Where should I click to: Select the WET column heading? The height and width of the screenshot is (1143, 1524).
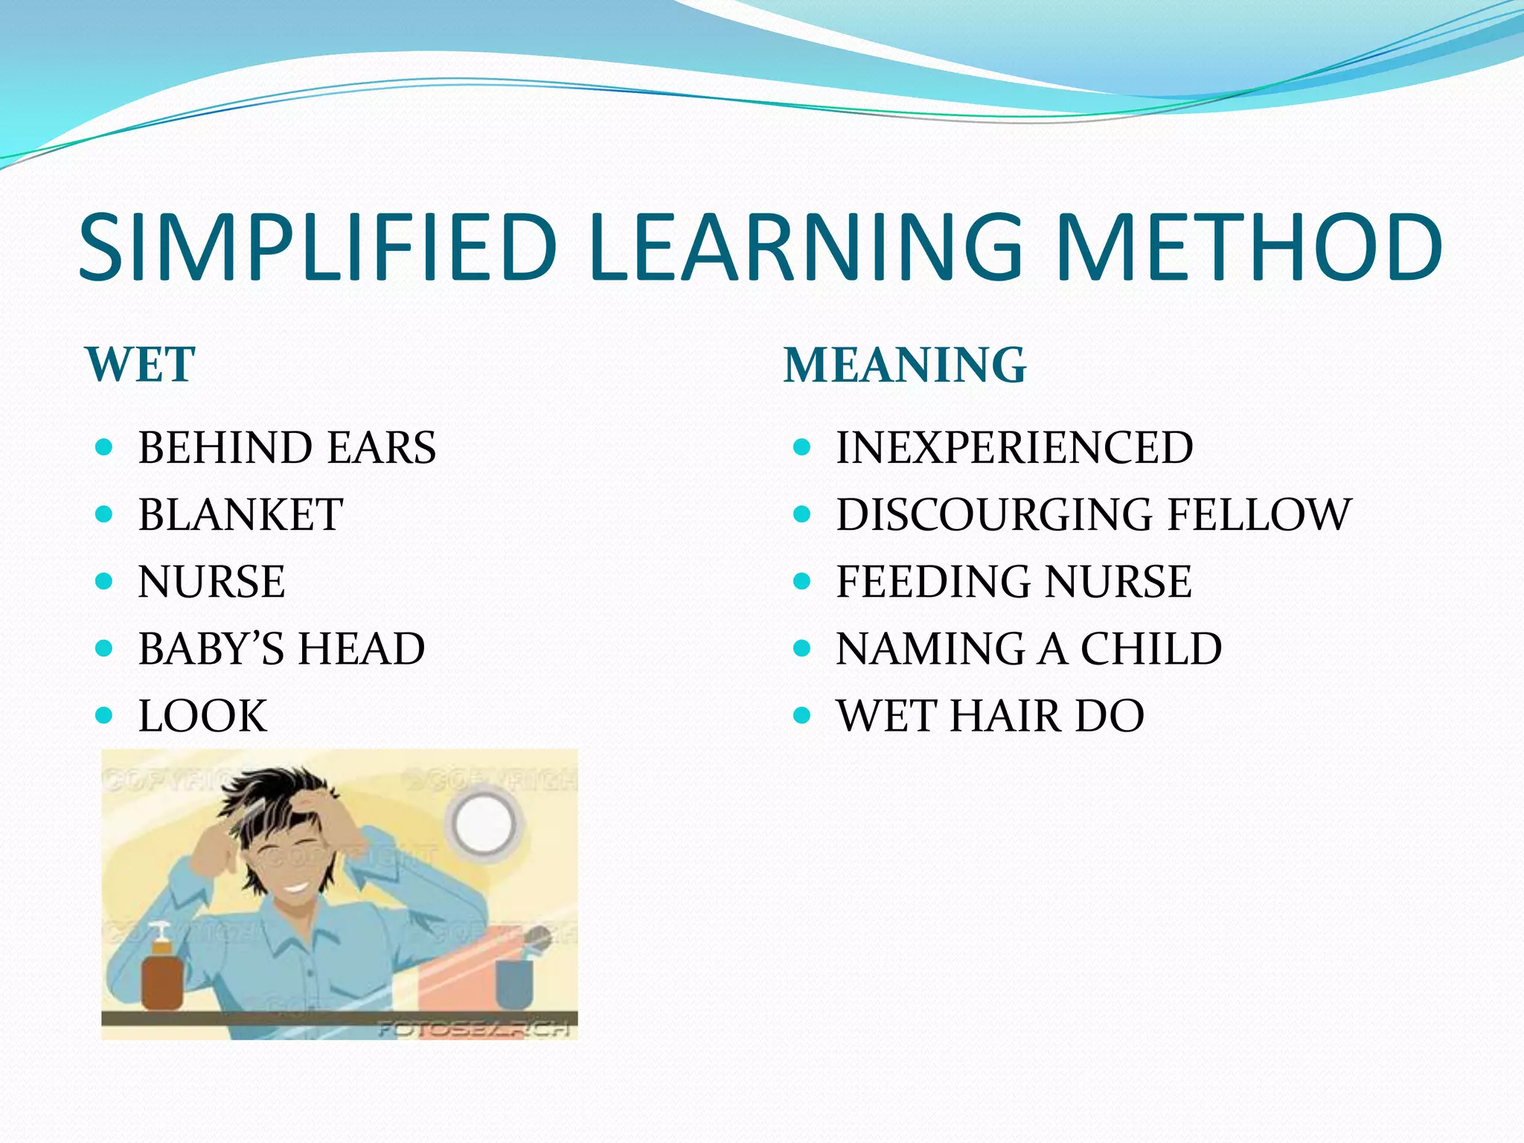click(141, 365)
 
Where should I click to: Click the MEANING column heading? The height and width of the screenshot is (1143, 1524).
click(905, 365)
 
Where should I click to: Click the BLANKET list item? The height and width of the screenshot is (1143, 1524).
click(240, 515)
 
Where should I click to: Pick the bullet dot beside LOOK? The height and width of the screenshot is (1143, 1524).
click(104, 716)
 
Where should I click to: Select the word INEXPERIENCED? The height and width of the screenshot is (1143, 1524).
click(1014, 448)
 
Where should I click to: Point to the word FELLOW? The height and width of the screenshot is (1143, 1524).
click(1259, 515)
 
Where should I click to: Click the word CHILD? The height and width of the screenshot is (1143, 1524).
click(1151, 649)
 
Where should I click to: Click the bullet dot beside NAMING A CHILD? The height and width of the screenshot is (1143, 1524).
click(801, 649)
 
